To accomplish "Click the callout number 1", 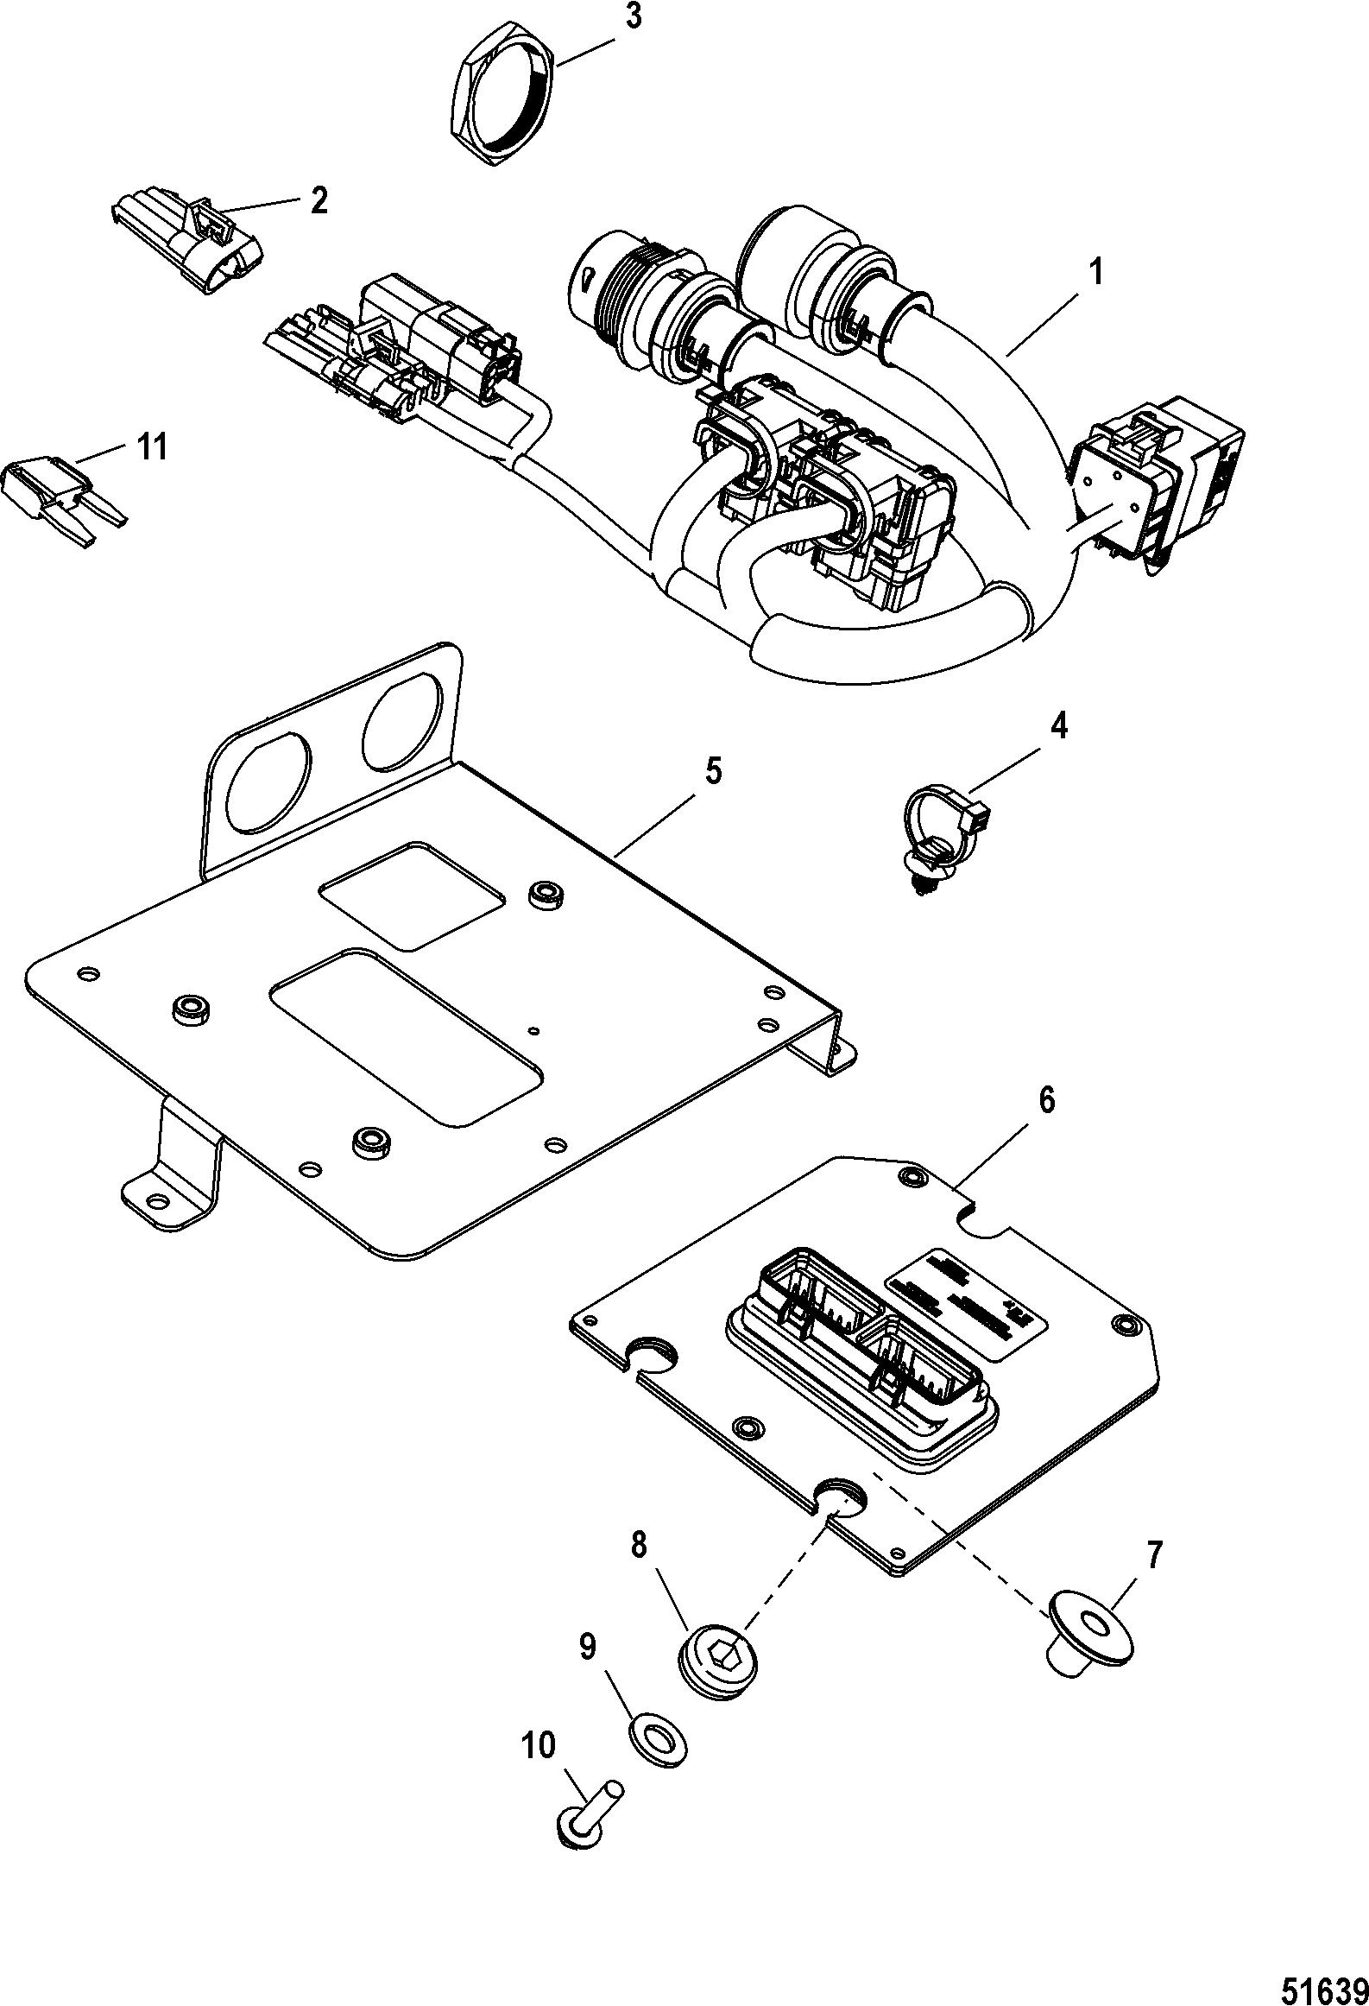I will point(1095,274).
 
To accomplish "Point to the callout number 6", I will point(1045,1104).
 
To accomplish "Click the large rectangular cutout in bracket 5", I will point(406,1035).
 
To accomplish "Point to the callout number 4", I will point(1058,726).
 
